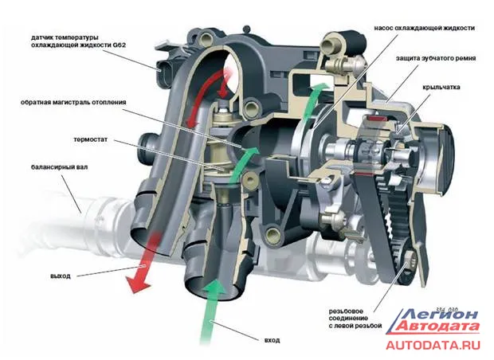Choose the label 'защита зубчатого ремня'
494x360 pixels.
click(435, 58)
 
